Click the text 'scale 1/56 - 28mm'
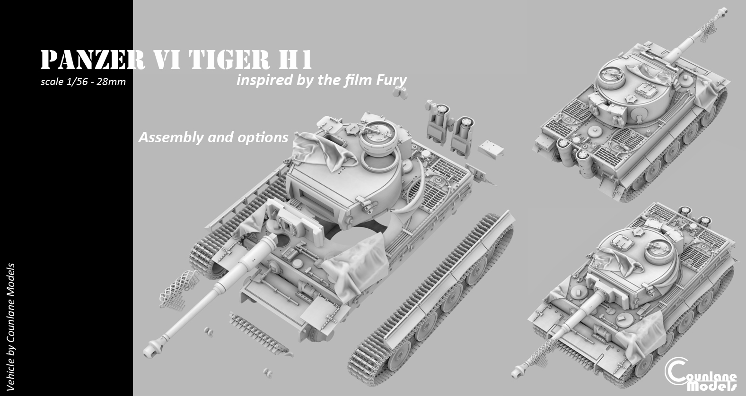(x=83, y=82)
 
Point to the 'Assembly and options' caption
(x=213, y=138)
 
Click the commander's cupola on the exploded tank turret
(x=377, y=137)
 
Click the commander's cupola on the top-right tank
(x=614, y=76)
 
